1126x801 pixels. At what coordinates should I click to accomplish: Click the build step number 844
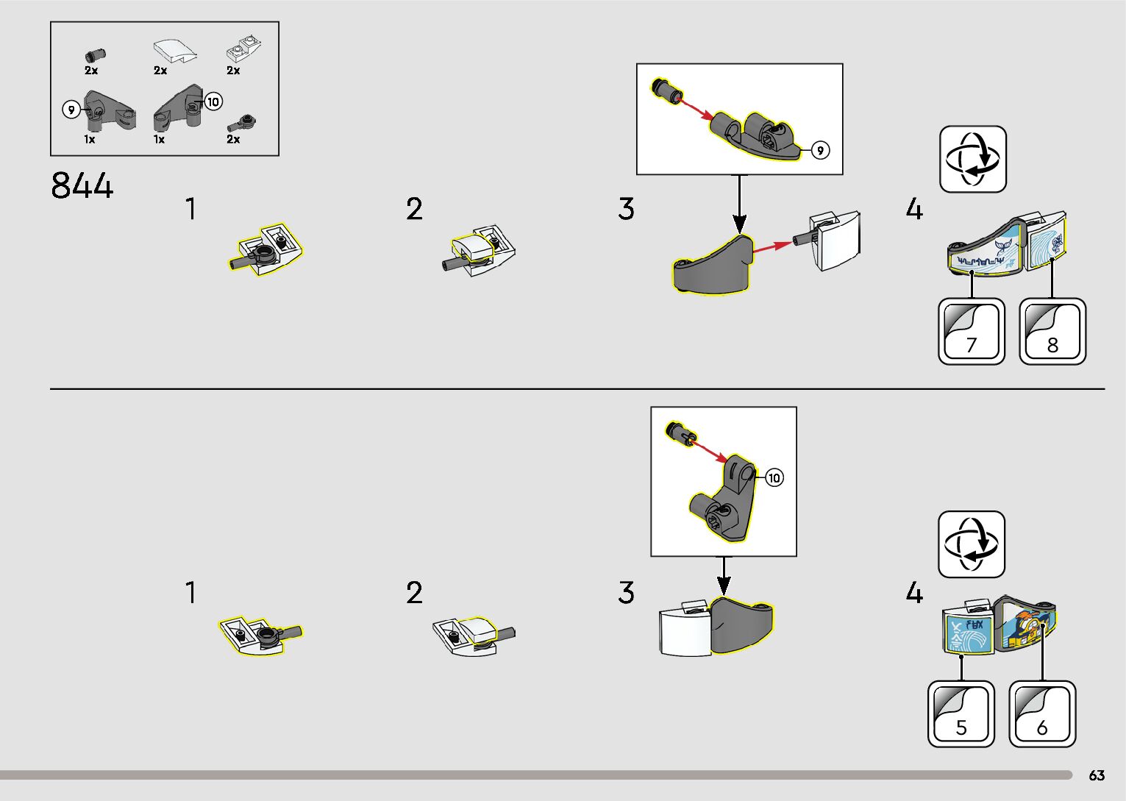[82, 185]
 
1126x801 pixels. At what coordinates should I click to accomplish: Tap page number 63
[1097, 776]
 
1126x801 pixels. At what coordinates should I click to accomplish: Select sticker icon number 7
[972, 332]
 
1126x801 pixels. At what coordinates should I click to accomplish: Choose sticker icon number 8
[1052, 332]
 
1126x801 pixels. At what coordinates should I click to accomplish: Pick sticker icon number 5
[961, 714]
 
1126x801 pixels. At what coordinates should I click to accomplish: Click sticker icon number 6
[1042, 714]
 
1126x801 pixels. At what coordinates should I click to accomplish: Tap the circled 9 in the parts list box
[71, 110]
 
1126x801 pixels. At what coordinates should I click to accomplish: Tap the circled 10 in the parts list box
[213, 102]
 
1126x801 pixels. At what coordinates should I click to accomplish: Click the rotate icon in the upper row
[972, 160]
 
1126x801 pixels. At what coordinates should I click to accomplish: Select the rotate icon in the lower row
[971, 544]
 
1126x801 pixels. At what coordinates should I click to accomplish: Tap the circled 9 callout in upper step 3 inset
[820, 150]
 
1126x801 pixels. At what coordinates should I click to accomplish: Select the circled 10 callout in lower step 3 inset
[774, 478]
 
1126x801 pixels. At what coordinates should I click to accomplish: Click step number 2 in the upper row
[414, 210]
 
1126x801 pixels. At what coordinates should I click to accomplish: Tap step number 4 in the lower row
[913, 593]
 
